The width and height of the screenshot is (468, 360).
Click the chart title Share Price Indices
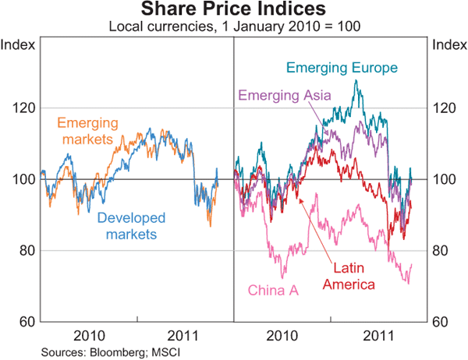click(233, 10)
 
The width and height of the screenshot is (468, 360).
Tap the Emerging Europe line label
click(342, 68)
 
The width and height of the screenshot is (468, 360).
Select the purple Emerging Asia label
click(284, 96)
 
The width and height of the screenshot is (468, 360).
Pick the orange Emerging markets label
click(87, 131)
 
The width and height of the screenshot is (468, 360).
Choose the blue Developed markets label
click(127, 226)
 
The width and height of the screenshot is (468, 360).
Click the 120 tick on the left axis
click(21, 108)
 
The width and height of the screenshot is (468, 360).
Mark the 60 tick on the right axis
click(443, 322)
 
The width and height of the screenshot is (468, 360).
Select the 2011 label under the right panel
click(380, 335)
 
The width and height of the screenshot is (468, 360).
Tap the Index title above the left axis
click(18, 44)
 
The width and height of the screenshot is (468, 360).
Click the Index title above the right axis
click(448, 44)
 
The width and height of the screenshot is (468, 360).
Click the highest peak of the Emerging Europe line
click(356, 80)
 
